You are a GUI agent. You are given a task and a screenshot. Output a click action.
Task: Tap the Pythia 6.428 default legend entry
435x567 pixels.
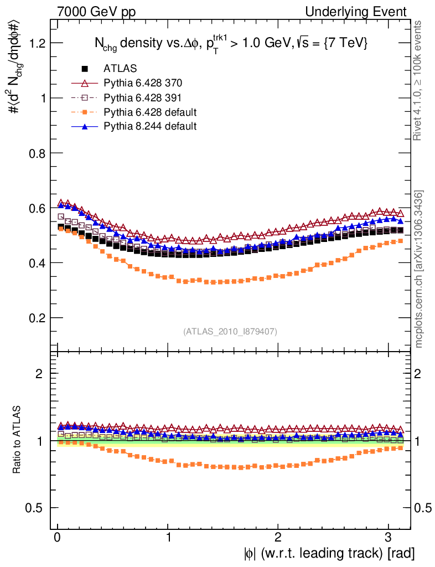(x=149, y=112)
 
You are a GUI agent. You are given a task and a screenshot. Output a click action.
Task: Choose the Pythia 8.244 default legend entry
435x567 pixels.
(x=149, y=126)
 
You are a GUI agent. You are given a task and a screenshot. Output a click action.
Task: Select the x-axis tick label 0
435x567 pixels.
(x=58, y=538)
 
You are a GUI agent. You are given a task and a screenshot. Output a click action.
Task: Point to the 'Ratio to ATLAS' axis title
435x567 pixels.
(x=17, y=440)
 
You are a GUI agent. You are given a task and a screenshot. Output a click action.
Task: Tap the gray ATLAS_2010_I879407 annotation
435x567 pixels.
(x=230, y=332)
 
